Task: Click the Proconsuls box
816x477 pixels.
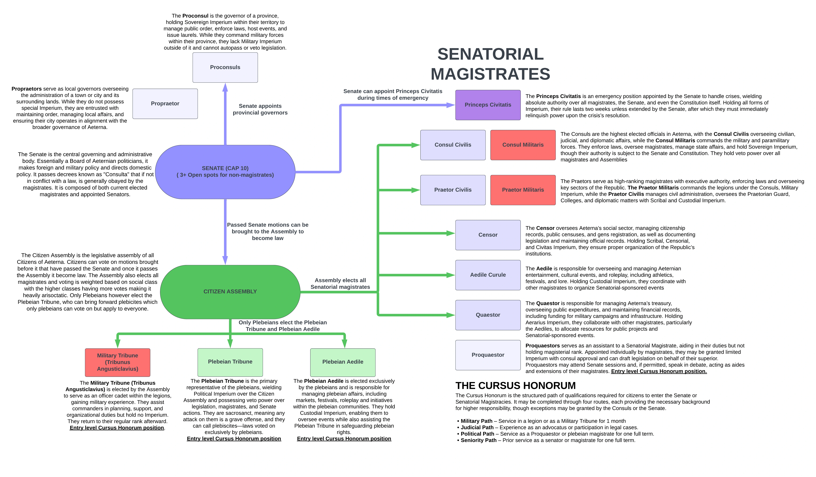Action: (225, 67)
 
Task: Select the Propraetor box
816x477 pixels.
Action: (165, 104)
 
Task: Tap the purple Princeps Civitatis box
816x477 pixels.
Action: (488, 105)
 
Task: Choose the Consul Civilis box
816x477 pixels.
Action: (453, 145)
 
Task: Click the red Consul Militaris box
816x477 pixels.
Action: (523, 145)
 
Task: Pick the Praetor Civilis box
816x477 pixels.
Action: (453, 190)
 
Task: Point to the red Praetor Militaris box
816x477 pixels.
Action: (523, 190)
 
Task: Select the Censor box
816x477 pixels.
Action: (488, 235)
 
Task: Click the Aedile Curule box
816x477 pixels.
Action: (488, 275)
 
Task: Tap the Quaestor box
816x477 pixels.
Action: (488, 315)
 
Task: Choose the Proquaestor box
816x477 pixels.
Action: (488, 355)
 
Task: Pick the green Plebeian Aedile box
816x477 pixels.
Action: (343, 362)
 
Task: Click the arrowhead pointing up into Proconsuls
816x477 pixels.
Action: (225, 87)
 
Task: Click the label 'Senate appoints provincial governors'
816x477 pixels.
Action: (260, 109)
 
